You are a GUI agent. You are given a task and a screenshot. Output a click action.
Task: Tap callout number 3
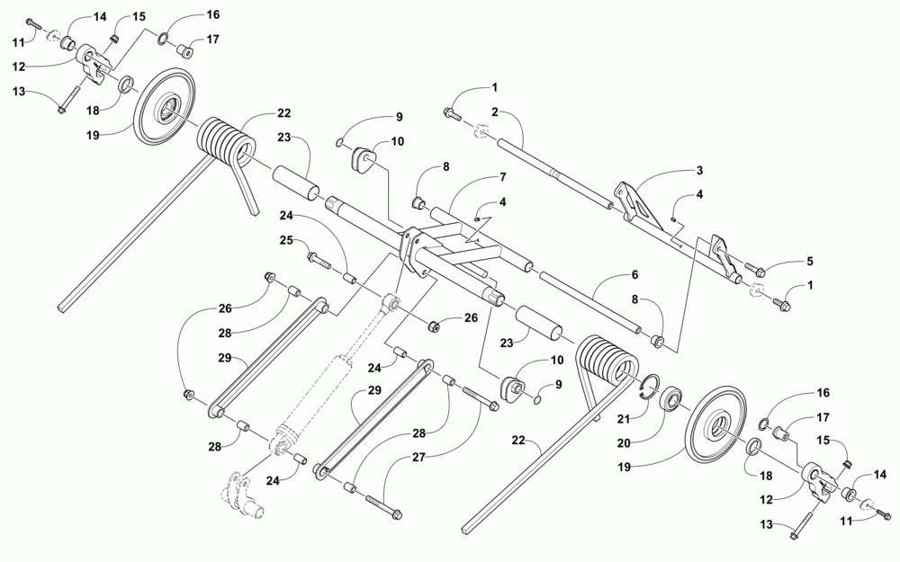[x=699, y=170]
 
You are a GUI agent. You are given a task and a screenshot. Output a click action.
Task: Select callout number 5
[x=809, y=262]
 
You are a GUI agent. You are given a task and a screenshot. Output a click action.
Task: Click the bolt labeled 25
[x=319, y=258]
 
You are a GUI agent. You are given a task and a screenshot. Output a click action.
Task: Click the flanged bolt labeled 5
[x=752, y=269]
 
